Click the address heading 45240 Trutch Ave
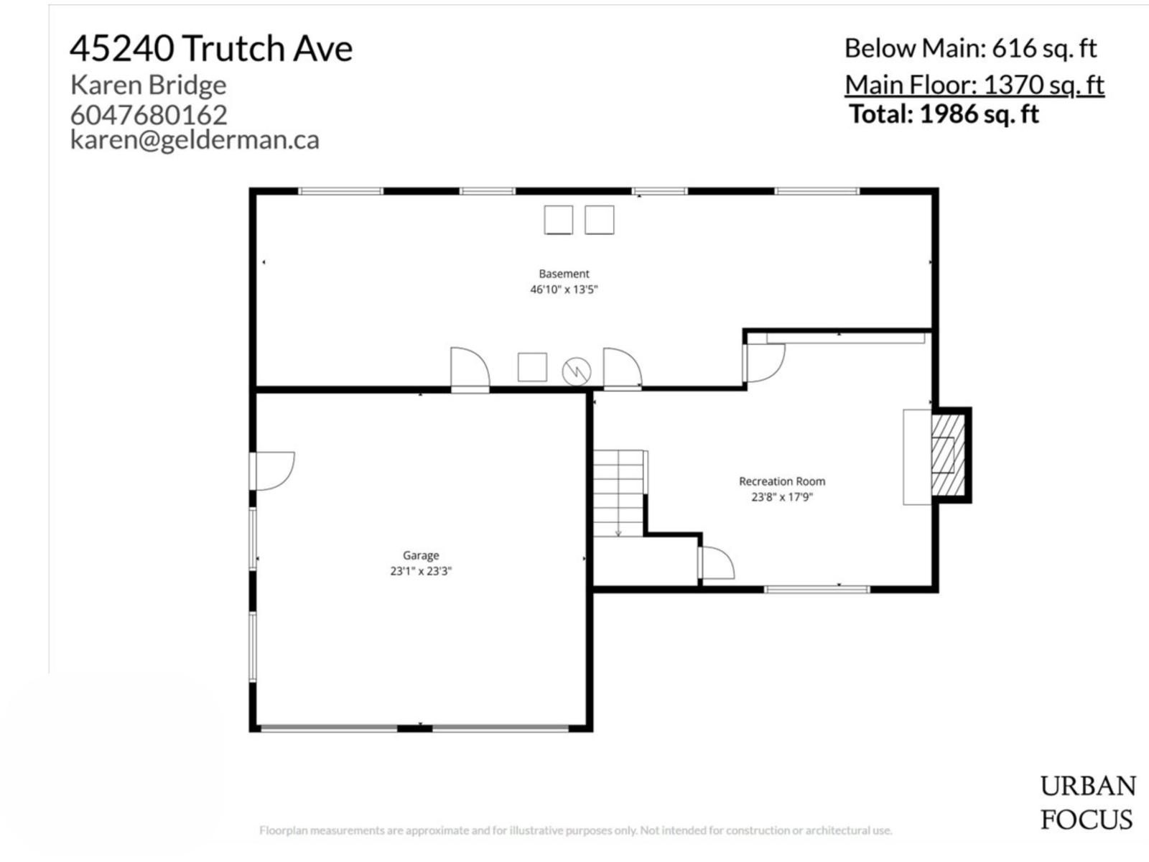(x=211, y=49)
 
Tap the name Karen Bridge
(x=148, y=85)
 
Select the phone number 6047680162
(x=149, y=114)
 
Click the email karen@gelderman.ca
(x=195, y=139)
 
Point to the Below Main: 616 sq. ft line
(x=970, y=48)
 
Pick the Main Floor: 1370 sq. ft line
(x=974, y=85)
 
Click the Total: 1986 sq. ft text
(x=944, y=114)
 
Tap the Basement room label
(x=564, y=274)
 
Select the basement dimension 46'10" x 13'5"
(x=564, y=289)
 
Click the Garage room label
(x=421, y=555)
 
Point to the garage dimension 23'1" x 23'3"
(x=421, y=571)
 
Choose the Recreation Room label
(x=782, y=481)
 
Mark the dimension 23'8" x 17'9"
(x=782, y=496)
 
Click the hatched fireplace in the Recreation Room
(x=947, y=455)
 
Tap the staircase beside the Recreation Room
(x=618, y=493)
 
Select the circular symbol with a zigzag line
(x=576, y=371)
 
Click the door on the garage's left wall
(x=273, y=471)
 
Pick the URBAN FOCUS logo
(x=1087, y=802)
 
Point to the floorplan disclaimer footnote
(x=575, y=830)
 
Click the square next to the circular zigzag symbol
(x=532, y=367)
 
